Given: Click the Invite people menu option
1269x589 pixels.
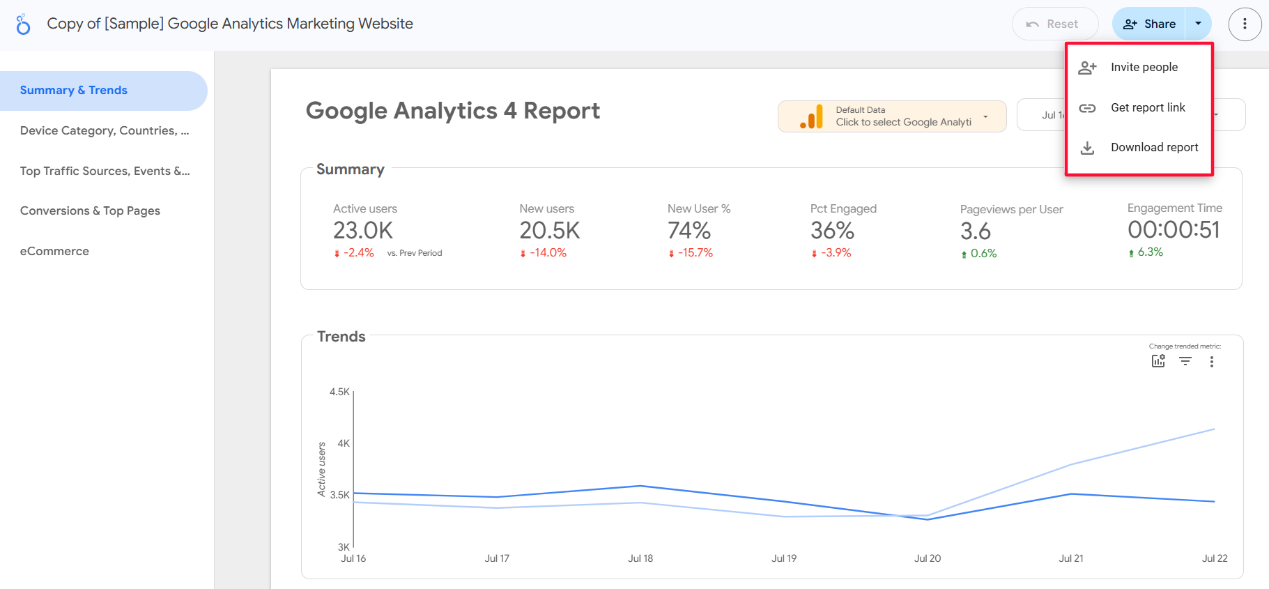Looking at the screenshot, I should point(1144,68).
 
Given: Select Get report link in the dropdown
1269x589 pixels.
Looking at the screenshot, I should point(1147,108).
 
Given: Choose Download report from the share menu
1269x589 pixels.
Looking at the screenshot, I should point(1154,148).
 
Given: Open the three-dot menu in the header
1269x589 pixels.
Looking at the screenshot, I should point(1245,24).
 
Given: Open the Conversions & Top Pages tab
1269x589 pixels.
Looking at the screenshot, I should point(90,211).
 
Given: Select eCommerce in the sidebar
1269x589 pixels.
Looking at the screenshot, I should point(54,252).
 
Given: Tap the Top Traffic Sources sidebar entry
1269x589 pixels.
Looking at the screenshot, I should point(105,171).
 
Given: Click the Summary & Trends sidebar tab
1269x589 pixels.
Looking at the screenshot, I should point(74,91).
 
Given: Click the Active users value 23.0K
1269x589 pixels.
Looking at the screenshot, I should point(363,231).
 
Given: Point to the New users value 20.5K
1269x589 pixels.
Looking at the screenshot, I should point(550,231).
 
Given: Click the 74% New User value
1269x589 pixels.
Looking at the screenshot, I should point(689,231).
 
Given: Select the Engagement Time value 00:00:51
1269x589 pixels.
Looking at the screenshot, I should point(1174,230).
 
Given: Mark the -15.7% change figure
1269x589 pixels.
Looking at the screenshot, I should point(695,253).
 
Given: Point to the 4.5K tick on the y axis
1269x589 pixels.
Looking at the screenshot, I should point(339,392).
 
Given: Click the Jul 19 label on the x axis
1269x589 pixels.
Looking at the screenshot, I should point(784,558).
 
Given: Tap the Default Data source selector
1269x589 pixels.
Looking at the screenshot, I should point(892,116).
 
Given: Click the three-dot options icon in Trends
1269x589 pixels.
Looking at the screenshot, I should point(1212,362).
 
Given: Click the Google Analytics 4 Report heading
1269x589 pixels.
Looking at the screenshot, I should point(453,111).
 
